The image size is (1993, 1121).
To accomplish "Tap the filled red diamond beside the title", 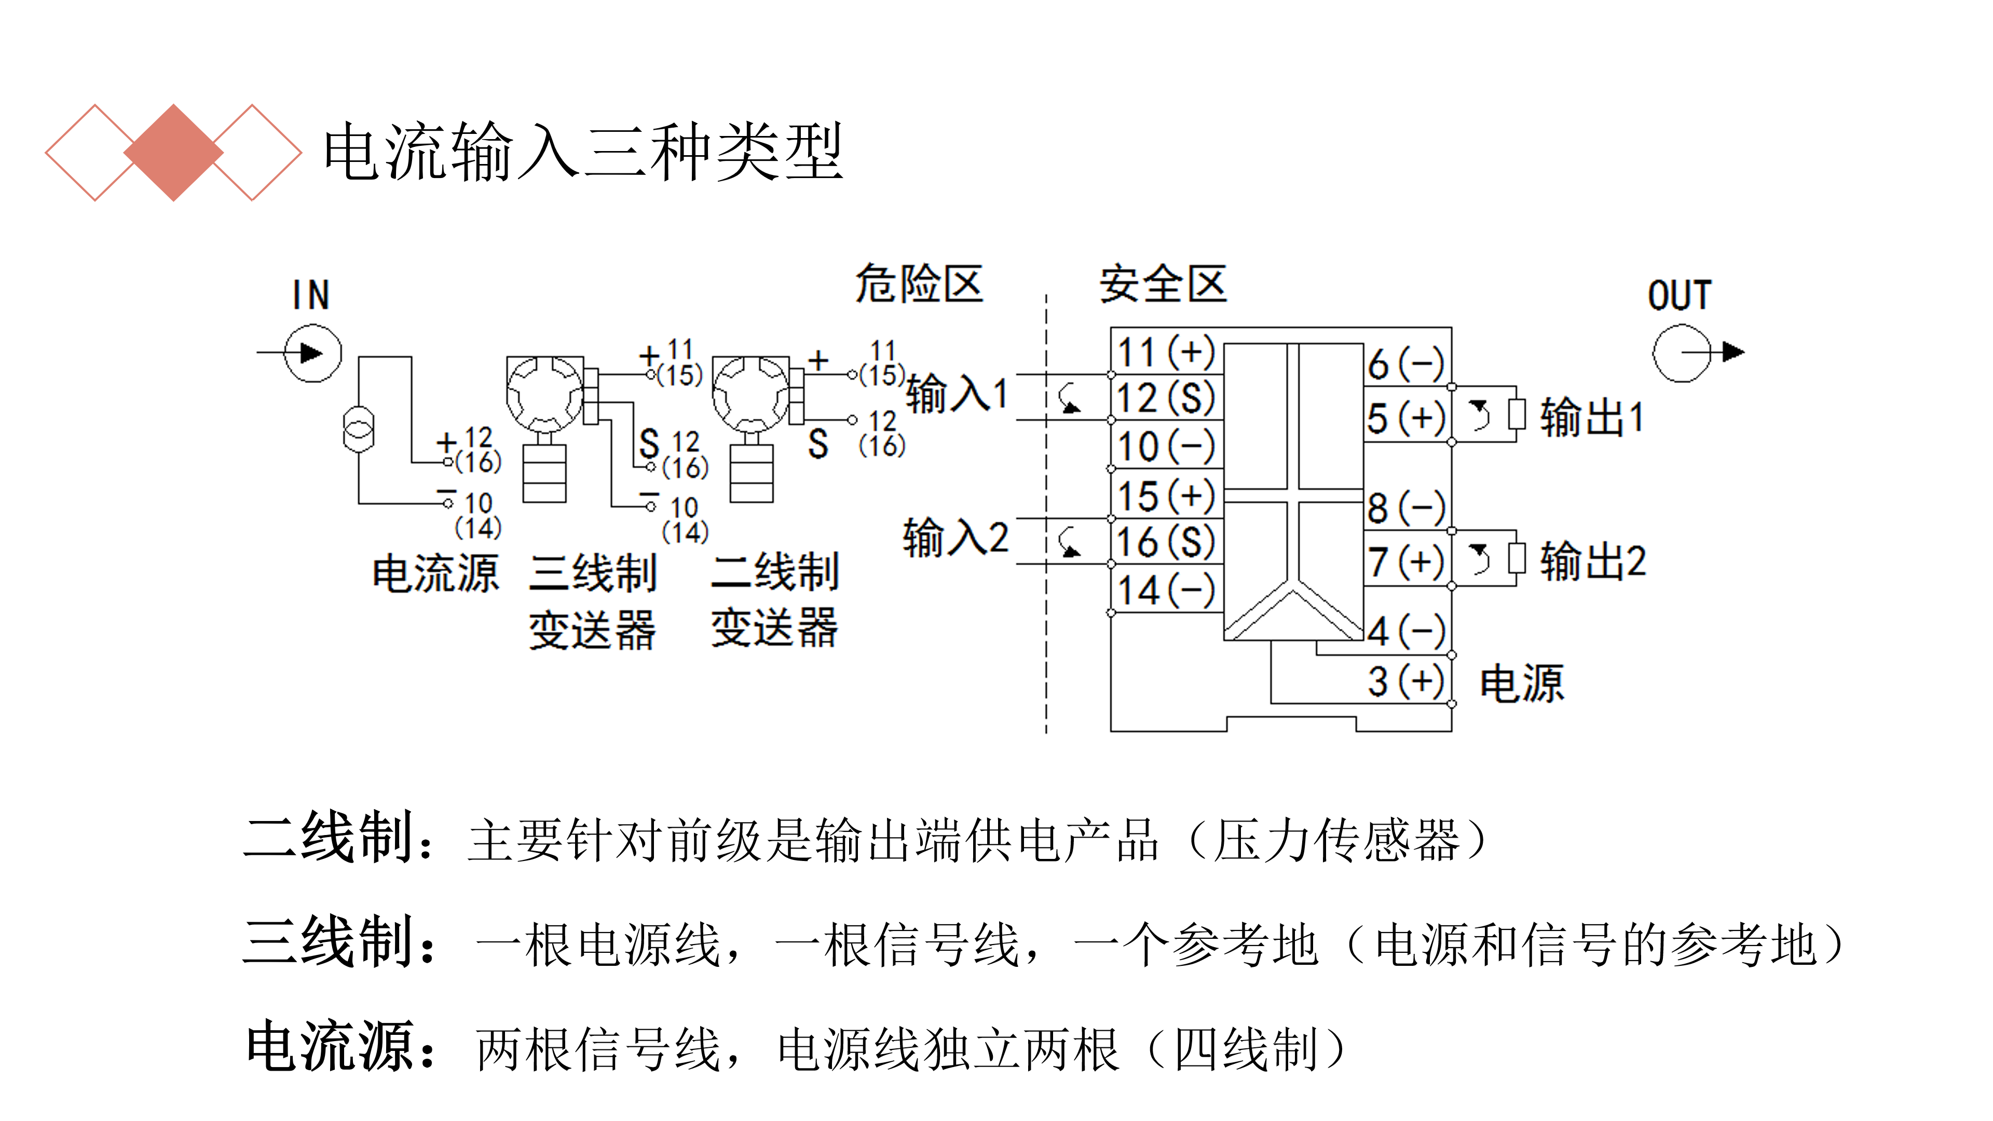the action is (x=173, y=153).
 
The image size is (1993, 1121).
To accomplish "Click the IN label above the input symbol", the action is (x=311, y=295).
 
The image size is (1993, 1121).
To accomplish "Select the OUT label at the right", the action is (x=1679, y=295).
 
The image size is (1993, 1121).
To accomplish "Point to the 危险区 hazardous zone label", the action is (x=918, y=283).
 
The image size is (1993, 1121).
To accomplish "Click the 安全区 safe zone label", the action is (x=1163, y=284).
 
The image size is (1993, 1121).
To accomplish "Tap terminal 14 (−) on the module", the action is (x=1166, y=590).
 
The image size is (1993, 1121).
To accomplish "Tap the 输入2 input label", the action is (x=955, y=538).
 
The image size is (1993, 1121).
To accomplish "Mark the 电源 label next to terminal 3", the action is (x=1521, y=684).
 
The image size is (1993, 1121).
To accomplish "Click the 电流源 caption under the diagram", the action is (x=435, y=573).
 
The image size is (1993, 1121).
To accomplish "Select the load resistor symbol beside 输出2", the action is (x=1517, y=558).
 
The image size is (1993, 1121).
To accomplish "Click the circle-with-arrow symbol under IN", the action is (x=312, y=353).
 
